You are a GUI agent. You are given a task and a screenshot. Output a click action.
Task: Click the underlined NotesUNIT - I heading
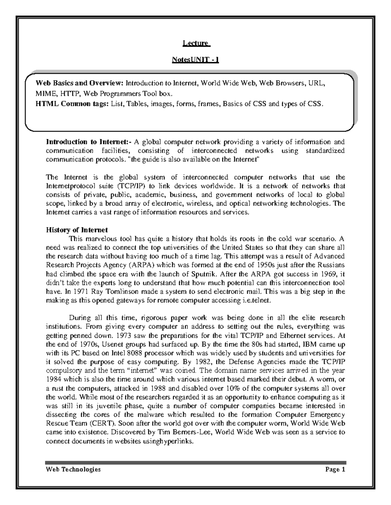click(195, 60)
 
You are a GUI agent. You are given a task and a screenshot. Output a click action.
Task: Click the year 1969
click(329, 274)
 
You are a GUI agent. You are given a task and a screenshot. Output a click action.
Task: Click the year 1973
click(126, 335)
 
